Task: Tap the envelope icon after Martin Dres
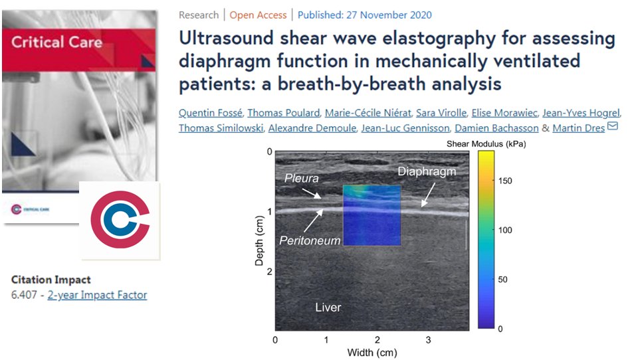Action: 613,126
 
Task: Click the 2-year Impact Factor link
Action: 97,295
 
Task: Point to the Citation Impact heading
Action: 51,280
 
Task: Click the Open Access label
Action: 259,15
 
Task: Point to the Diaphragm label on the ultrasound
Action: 427,171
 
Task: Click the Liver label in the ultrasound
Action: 328,307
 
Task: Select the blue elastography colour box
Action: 372,216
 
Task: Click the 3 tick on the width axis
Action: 428,340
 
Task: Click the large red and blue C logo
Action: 120,220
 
